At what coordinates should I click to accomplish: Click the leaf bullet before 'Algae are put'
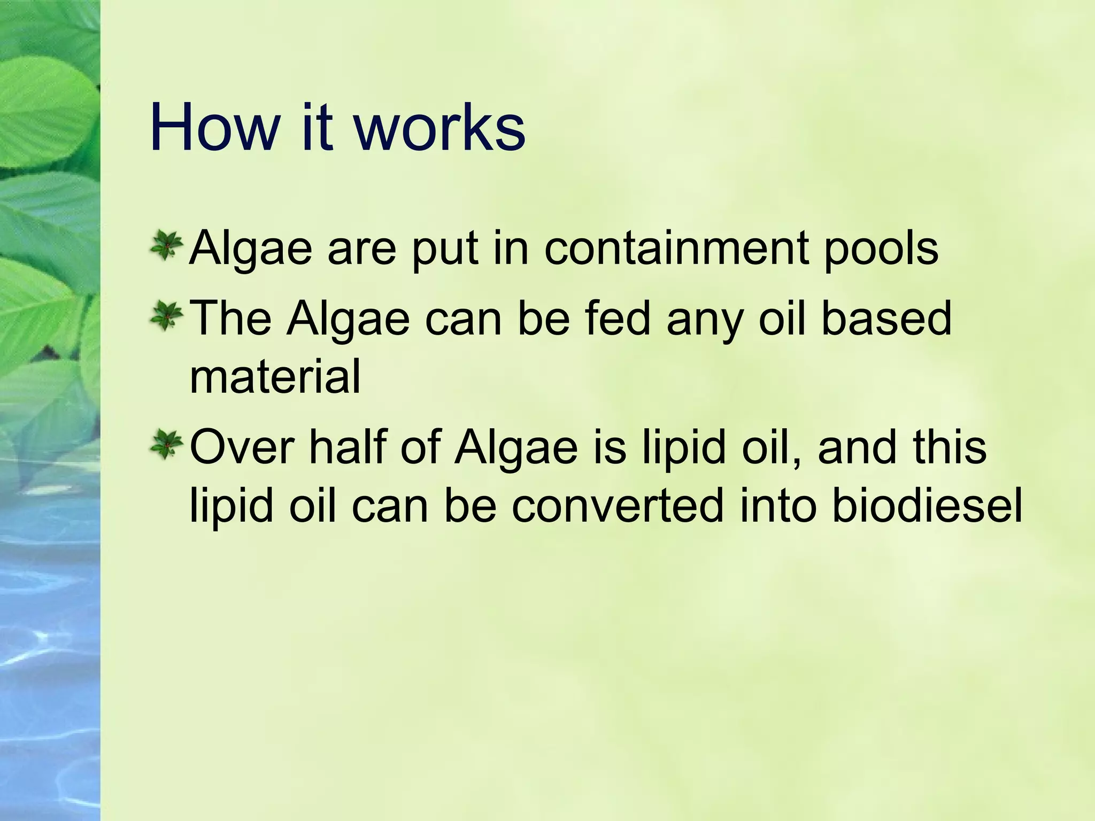166,246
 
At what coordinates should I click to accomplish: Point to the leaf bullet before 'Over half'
166,445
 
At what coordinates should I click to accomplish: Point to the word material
275,377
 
